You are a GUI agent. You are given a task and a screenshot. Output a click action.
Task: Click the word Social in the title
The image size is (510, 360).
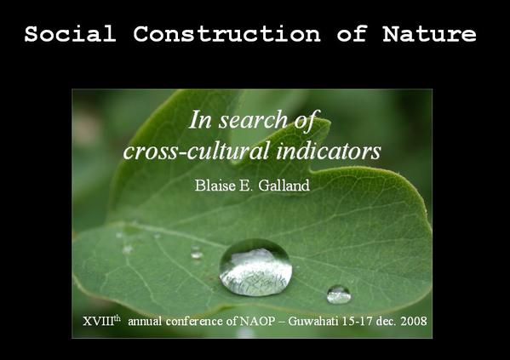tap(71, 33)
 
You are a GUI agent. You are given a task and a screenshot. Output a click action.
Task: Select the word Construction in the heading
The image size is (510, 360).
tap(226, 33)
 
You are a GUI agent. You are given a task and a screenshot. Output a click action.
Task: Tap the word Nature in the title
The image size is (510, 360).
tap(429, 33)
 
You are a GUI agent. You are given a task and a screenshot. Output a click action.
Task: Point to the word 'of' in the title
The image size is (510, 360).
tap(352, 33)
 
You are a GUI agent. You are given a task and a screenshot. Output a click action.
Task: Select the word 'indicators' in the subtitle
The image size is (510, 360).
tap(329, 151)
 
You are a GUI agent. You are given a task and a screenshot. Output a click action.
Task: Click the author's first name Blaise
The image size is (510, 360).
tap(215, 186)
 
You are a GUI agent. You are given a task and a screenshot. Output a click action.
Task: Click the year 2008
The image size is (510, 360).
tap(414, 322)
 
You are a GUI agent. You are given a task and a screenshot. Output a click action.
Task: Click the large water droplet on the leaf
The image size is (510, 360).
tap(255, 267)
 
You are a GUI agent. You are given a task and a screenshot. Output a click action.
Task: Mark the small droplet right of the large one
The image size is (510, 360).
tap(339, 294)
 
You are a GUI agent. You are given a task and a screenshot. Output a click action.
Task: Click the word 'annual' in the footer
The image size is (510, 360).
tap(145, 322)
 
